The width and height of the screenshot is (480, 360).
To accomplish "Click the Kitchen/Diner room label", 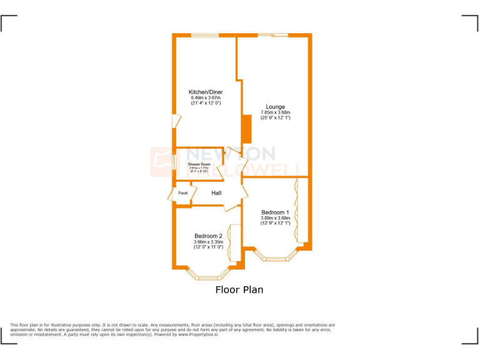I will point(206,92).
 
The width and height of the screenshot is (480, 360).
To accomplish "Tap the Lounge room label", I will point(275,107).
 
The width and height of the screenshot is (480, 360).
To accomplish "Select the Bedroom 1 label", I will point(275,212).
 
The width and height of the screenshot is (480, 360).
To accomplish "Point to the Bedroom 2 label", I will point(208,236).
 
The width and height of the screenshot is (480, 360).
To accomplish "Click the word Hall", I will point(216,193).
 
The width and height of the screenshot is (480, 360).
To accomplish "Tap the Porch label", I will point(183,193).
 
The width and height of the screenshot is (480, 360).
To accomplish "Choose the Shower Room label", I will point(199,164).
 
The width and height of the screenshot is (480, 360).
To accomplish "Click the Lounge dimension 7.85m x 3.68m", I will point(275,112).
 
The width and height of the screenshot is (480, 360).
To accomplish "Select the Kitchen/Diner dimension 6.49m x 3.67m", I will point(206,97).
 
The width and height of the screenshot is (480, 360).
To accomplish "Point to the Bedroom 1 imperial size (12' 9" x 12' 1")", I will point(275,223).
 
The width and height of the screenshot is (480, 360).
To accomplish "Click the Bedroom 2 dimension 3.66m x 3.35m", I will point(208,242).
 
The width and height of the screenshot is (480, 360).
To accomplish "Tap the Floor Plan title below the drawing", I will point(239,289).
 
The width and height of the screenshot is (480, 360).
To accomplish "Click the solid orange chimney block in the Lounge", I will point(246,131).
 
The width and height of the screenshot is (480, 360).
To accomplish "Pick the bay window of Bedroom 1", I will point(275,256).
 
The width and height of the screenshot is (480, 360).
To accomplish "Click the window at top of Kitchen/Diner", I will point(201,35).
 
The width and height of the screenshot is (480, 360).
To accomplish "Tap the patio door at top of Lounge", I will point(273,35).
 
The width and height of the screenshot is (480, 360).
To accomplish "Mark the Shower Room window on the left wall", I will point(174,161).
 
